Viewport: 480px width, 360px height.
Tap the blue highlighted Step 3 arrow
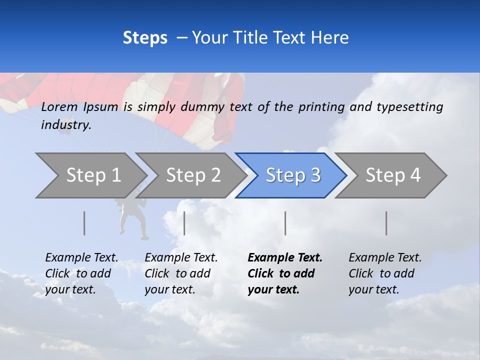[293, 175]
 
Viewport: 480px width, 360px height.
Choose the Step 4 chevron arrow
[393, 175]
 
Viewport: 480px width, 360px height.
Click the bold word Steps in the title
[145, 37]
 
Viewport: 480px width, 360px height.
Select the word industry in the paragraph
[66, 125]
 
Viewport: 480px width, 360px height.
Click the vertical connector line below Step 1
[84, 223]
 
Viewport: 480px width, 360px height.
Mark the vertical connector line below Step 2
[184, 223]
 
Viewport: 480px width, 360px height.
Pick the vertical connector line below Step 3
[285, 223]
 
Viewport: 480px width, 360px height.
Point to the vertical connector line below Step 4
[386, 223]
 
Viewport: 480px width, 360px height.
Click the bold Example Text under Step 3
[285, 257]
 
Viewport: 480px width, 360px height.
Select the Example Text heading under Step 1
[81, 257]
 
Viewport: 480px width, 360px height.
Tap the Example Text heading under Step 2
[181, 257]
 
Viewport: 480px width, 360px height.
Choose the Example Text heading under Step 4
[385, 257]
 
